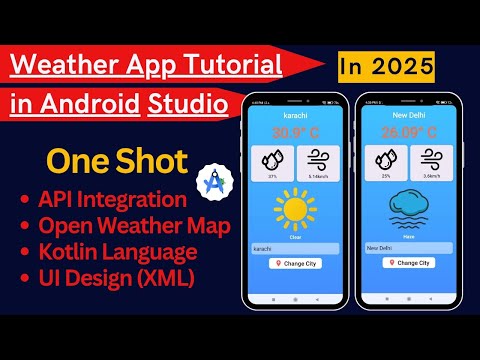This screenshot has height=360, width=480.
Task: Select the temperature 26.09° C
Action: tap(400, 131)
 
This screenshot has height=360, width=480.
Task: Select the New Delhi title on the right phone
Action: tap(400, 116)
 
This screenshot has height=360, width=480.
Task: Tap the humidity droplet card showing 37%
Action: tap(272, 161)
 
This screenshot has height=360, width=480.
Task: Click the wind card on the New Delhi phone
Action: tap(421, 161)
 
